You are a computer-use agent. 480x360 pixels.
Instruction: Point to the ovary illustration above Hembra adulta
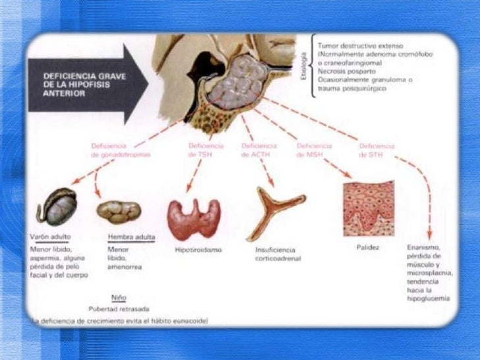click(x=119, y=210)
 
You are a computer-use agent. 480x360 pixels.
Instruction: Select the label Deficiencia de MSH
click(x=314, y=150)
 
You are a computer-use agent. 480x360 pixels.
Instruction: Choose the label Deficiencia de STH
click(x=376, y=150)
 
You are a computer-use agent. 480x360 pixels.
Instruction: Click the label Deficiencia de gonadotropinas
click(x=119, y=150)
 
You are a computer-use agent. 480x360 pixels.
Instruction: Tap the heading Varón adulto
click(x=51, y=237)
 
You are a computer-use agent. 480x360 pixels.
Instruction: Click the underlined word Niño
click(x=119, y=297)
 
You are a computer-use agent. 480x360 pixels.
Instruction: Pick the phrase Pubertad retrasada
click(x=119, y=309)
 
